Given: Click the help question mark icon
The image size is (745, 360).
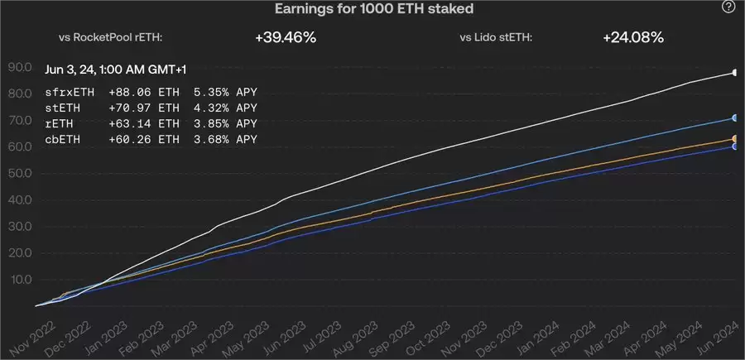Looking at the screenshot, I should (728, 7).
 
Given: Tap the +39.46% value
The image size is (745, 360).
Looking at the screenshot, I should (286, 37).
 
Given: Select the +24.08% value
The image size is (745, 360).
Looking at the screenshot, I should (632, 37).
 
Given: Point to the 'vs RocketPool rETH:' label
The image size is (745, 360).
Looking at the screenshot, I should (111, 37).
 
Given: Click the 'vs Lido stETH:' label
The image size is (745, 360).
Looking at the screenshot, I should (496, 37).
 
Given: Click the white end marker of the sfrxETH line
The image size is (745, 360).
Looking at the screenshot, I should (734, 73).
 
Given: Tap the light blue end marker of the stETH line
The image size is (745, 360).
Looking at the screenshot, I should (734, 118).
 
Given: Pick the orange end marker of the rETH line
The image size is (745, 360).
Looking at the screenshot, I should (734, 139).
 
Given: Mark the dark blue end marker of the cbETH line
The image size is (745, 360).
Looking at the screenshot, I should (734, 146).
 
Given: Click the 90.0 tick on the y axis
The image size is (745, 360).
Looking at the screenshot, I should (19, 67).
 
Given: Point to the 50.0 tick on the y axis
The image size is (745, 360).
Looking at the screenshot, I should (19, 173).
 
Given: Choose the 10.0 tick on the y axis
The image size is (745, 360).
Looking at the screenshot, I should (19, 279).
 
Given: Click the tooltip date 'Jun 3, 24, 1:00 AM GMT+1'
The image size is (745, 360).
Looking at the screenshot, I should (122, 70).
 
